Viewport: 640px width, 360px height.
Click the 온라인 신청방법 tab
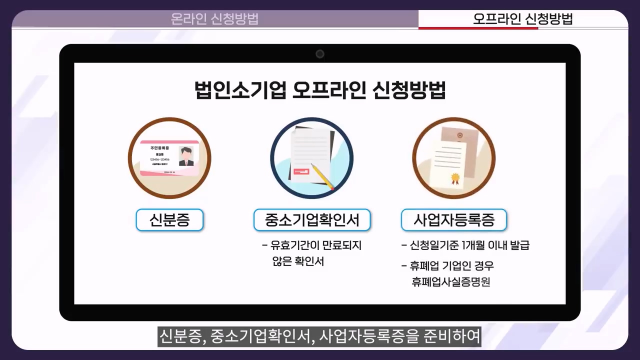pyautogui.click(x=215, y=19)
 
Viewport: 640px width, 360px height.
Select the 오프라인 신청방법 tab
pyautogui.click(x=522, y=19)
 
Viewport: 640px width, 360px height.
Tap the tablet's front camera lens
pyautogui.click(x=320, y=54)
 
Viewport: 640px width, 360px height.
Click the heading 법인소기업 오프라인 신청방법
pyautogui.click(x=320, y=90)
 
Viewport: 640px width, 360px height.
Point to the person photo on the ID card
pyautogui.click(x=186, y=156)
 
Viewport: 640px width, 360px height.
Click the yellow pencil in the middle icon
pyautogui.click(x=322, y=176)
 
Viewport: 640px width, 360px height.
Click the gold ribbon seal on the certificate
pyautogui.click(x=455, y=177)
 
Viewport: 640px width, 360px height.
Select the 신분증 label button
pyautogui.click(x=169, y=220)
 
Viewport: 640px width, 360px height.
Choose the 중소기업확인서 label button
pyautogui.click(x=312, y=220)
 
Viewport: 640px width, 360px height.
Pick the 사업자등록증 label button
pyautogui.click(x=454, y=220)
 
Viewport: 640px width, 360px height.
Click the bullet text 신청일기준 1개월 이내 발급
pyautogui.click(x=469, y=245)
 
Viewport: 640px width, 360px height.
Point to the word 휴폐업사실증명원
pyautogui.click(x=450, y=282)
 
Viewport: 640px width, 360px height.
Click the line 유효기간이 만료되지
pyautogui.click(x=315, y=245)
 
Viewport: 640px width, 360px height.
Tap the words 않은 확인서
pyautogui.click(x=296, y=261)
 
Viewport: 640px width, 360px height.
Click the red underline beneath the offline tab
pyautogui.click(x=478, y=28)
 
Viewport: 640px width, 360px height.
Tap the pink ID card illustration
pyautogui.click(x=169, y=158)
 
